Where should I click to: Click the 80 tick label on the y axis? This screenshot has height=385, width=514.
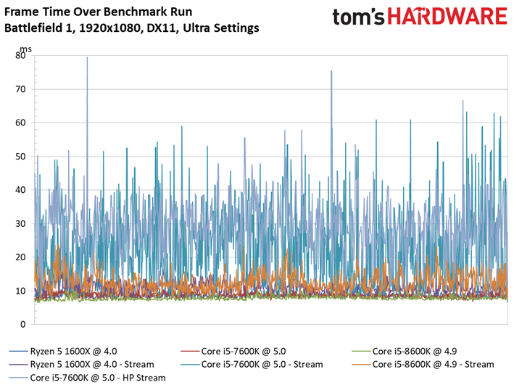(20, 55)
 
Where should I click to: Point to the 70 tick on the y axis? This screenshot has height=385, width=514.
(20, 89)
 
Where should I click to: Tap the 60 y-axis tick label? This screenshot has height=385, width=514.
(20, 123)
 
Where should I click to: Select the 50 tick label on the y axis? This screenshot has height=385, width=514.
(20, 157)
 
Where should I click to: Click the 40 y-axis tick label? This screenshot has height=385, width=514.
(20, 190)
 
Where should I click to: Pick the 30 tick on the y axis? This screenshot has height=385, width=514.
(20, 223)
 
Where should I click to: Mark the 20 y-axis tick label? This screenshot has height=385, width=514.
(20, 257)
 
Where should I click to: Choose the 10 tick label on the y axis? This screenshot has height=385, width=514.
(20, 291)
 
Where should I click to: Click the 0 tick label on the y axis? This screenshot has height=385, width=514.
(23, 324)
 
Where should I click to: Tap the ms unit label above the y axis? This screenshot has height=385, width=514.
(26, 48)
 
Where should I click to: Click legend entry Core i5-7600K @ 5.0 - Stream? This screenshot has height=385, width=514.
(262, 364)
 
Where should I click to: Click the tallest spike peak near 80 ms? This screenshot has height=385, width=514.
(87, 58)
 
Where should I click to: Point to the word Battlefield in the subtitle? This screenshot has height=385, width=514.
(30, 28)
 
